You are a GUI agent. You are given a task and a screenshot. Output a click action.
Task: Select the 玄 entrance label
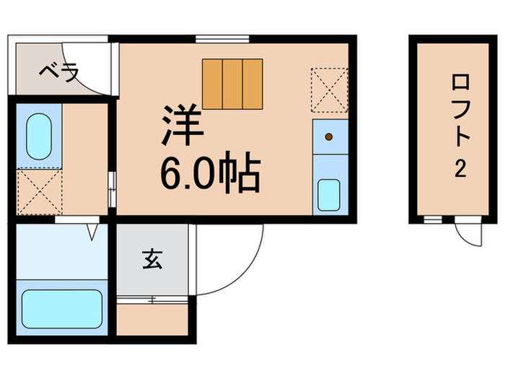151,258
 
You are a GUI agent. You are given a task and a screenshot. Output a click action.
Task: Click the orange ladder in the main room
232,83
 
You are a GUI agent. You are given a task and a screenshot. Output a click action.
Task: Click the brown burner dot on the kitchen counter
329,136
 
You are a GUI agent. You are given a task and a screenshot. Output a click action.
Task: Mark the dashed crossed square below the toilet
39,192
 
